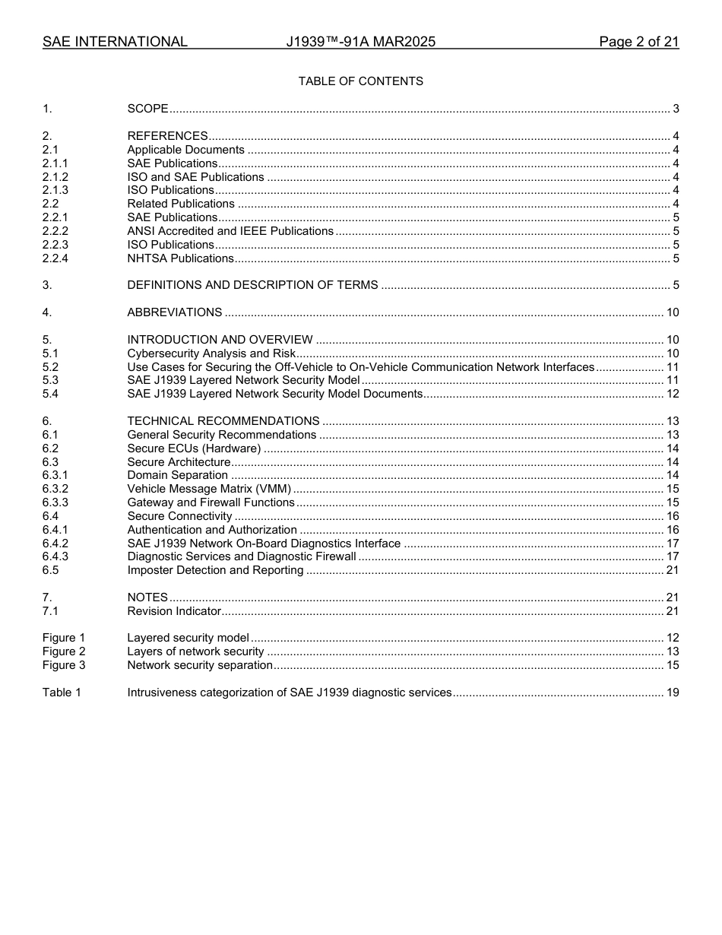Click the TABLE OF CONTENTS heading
[x=360, y=81]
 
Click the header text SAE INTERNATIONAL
[x=115, y=42]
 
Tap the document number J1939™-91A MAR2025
[x=360, y=42]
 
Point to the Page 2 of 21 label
[x=638, y=42]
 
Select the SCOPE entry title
[x=147, y=109]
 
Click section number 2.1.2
[x=55, y=177]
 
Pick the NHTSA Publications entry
[x=180, y=258]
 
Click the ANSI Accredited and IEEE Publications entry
[x=230, y=231]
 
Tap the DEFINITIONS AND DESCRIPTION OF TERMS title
[x=252, y=285]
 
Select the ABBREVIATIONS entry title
[x=174, y=312]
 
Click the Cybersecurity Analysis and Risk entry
[x=211, y=353]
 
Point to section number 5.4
[x=50, y=394]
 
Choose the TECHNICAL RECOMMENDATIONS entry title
[x=223, y=421]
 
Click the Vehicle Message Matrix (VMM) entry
[x=209, y=489]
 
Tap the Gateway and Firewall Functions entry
[x=211, y=502]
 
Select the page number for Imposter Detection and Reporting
[x=672, y=570]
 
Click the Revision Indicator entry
[x=174, y=611]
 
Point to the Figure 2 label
[x=64, y=651]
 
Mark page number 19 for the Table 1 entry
[x=672, y=693]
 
